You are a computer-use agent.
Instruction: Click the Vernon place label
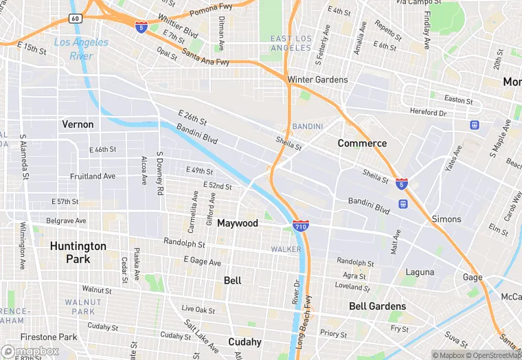(x=78, y=124)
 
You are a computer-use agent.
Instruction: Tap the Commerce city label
(x=362, y=144)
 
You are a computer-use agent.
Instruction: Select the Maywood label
(x=238, y=223)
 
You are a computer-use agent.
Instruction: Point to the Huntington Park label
(x=78, y=252)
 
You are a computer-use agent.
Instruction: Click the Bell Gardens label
(x=377, y=306)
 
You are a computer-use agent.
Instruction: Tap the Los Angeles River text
(x=81, y=48)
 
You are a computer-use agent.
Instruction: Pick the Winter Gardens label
(x=317, y=80)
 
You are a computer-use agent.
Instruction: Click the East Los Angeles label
(x=291, y=43)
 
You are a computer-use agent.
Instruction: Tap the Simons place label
(x=446, y=219)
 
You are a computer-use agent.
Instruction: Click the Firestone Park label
(x=49, y=337)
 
